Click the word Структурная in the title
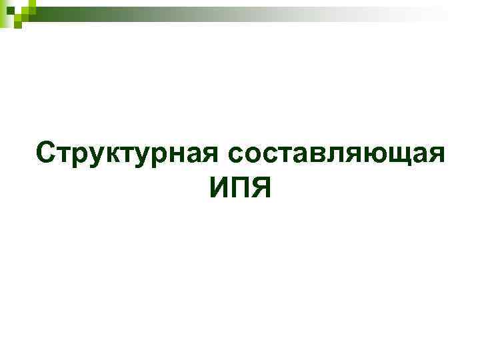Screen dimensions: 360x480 point(127,153)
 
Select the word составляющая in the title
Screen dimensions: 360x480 point(336,153)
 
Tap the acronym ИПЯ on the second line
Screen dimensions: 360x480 point(240,188)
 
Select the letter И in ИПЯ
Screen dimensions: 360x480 point(219,188)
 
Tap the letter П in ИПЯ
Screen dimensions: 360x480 point(241,188)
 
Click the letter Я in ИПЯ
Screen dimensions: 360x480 point(261,188)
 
